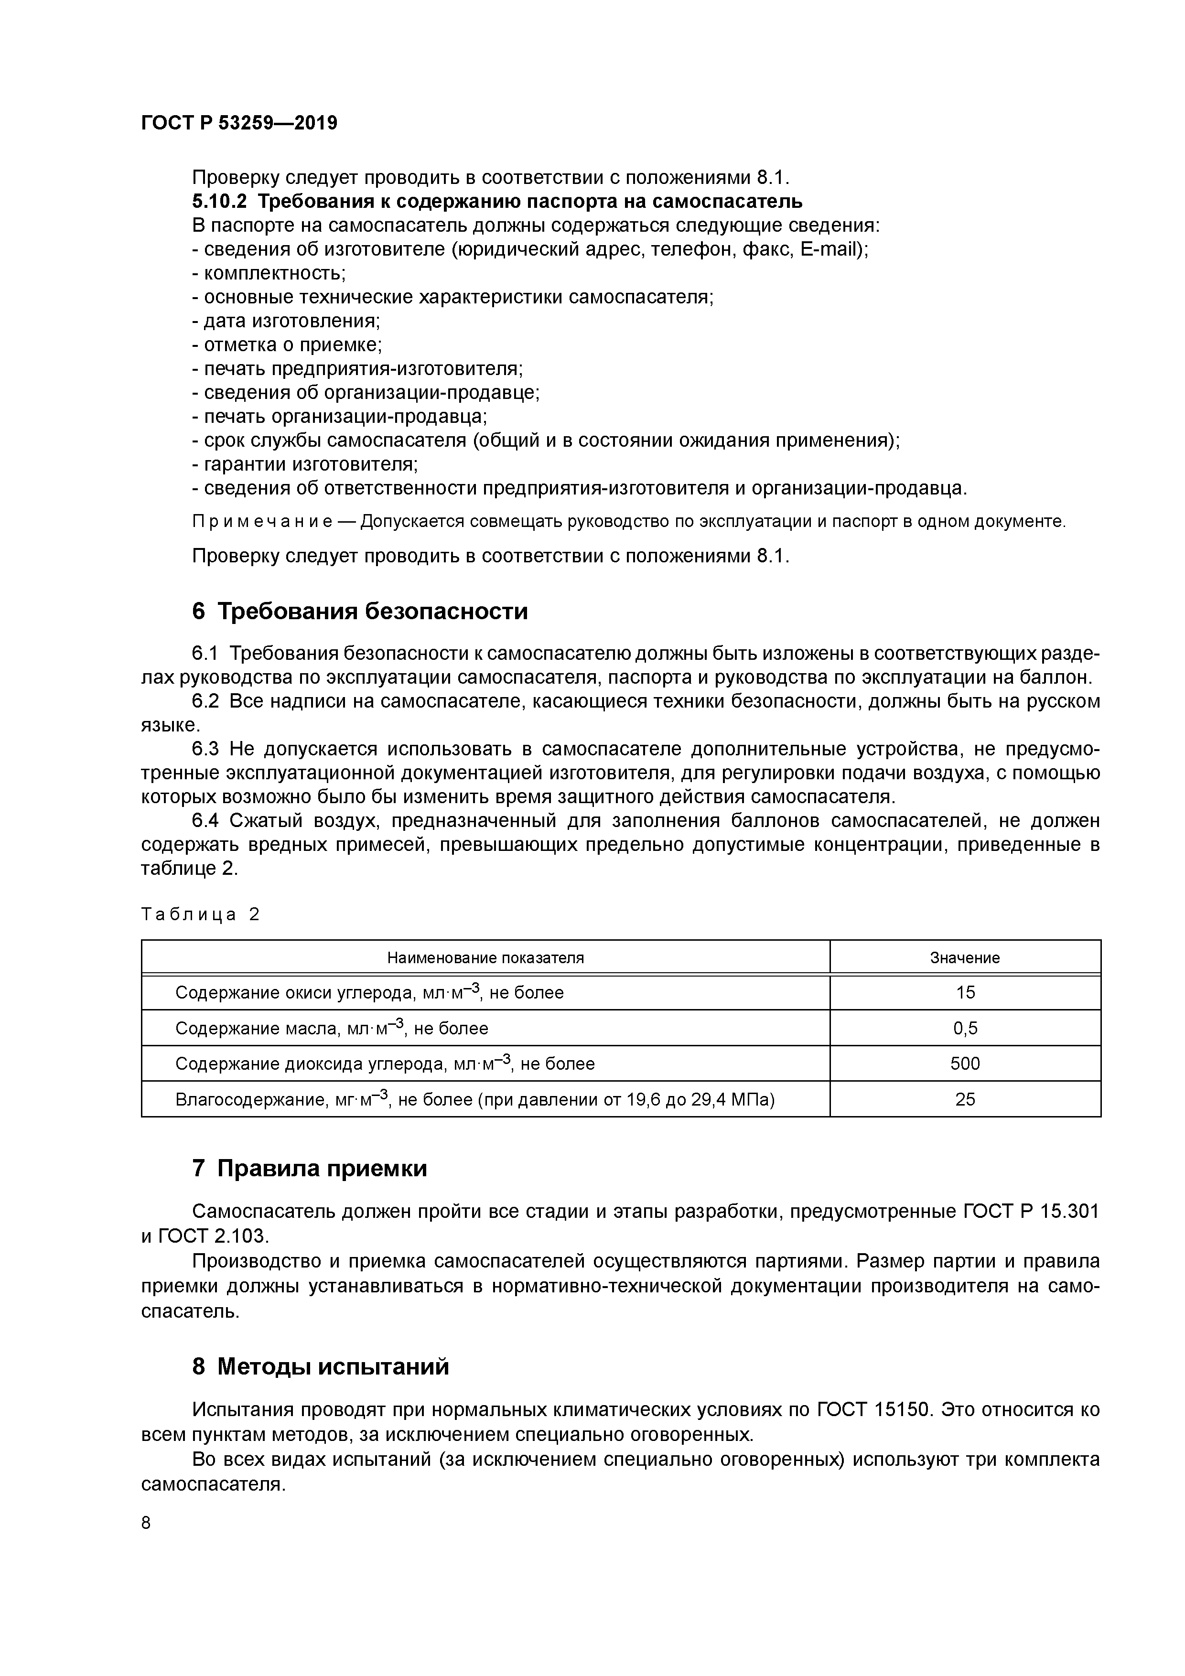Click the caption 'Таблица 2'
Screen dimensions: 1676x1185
coord(200,914)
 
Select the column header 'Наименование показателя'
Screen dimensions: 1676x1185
coord(485,958)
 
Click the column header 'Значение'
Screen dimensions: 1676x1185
coord(965,958)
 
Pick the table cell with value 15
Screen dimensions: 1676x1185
coord(965,993)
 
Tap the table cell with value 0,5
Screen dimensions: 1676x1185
coord(965,1029)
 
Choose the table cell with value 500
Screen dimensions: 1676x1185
coord(965,1064)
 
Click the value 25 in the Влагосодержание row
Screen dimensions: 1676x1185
coord(965,1099)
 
